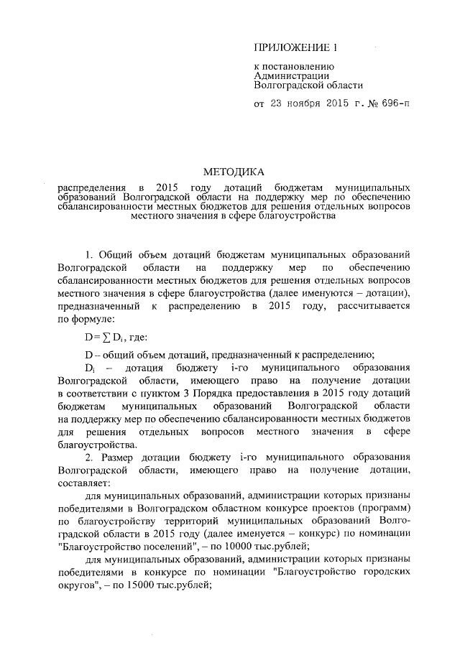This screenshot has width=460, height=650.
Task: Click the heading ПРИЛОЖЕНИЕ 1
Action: click(295, 48)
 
